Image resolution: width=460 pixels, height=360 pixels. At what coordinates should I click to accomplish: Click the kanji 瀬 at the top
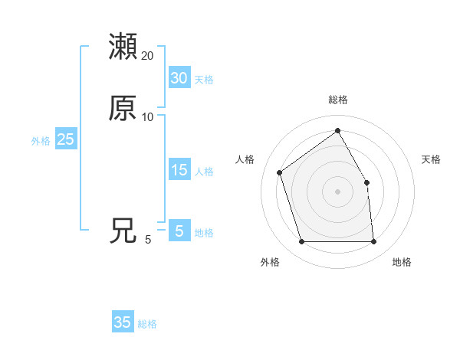123,46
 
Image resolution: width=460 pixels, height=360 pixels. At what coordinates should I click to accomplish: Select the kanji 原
123,108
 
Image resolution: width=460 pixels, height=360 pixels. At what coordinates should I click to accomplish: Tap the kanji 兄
123,231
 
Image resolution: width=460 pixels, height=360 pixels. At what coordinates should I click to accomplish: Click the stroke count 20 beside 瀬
148,56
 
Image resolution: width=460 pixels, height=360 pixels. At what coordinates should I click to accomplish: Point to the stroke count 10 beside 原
148,117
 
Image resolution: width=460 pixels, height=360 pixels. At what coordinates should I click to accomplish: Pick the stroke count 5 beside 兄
148,240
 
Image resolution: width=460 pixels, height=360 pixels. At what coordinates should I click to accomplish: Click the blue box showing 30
179,78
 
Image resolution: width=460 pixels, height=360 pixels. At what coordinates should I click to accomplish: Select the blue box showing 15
179,170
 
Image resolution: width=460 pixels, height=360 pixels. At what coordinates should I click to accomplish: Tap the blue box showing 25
65,139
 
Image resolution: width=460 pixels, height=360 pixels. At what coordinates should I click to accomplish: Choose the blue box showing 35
123,322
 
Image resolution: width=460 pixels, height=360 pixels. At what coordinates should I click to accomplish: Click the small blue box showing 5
179,231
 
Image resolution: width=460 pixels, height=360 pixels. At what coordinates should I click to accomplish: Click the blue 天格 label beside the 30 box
204,80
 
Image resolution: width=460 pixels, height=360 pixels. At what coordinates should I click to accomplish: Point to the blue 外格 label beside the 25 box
41,141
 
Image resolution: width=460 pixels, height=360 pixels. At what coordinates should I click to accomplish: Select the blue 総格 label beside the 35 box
147,324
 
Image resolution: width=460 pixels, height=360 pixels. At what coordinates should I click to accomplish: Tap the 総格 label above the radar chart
338,100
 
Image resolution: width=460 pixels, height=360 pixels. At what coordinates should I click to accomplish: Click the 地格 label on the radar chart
402,263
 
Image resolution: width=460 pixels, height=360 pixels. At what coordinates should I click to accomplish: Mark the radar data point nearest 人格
280,172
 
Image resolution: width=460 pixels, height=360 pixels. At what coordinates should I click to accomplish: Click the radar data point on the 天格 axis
366,182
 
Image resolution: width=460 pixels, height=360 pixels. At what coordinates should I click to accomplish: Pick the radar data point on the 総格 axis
338,130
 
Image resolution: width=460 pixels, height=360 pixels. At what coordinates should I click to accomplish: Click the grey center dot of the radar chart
338,191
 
